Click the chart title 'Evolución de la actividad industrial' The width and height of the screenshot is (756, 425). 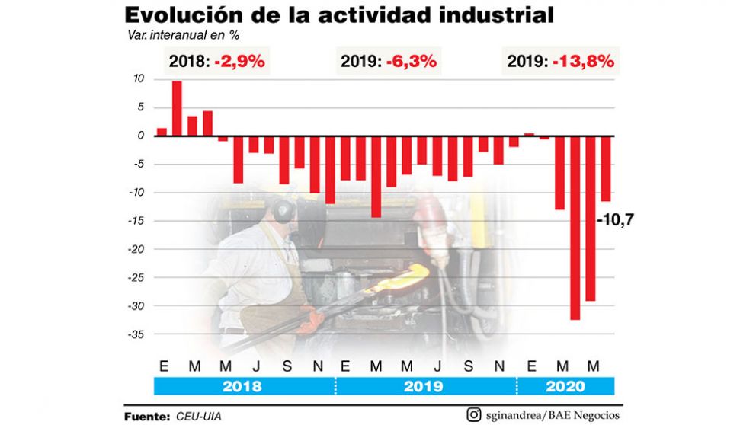[x=339, y=14]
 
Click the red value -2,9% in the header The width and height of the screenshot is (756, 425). [x=239, y=62]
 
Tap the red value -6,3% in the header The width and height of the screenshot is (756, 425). [x=412, y=62]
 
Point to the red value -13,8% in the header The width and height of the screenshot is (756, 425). [x=584, y=62]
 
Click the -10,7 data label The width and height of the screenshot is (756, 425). [x=616, y=222]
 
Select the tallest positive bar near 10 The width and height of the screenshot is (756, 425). [x=177, y=108]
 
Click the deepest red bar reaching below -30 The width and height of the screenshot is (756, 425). [x=575, y=227]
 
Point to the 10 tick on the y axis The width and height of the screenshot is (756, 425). [x=139, y=79]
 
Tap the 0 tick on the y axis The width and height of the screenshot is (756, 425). [x=141, y=136]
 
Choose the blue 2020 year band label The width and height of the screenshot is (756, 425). [x=565, y=386]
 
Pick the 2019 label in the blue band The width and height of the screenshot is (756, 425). [x=425, y=386]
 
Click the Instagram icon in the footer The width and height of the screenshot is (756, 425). [x=474, y=415]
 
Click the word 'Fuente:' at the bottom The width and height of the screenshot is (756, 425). [x=146, y=416]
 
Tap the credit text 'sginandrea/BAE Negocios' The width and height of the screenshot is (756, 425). [x=550, y=415]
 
